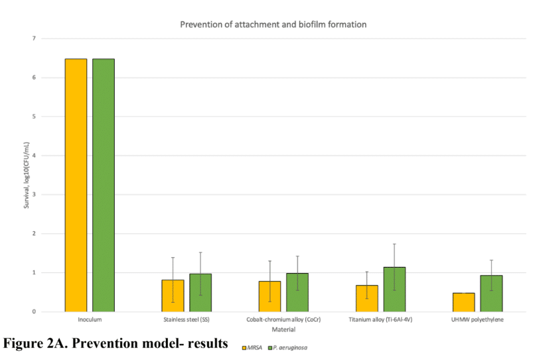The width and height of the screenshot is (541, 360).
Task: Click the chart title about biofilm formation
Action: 273,25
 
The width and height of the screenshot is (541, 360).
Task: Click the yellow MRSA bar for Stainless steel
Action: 173,296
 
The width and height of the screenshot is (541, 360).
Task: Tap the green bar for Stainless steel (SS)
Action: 200,293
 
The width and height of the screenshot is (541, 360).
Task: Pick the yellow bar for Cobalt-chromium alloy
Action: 270,296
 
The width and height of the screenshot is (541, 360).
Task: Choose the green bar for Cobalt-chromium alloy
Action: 297,292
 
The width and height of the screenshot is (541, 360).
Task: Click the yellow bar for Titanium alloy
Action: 366,298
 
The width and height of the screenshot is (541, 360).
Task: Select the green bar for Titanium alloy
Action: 394,290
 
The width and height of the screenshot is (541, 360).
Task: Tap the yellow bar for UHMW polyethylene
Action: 463,302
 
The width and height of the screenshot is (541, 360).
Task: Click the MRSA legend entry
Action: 253,347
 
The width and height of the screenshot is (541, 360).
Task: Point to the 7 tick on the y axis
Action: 33,39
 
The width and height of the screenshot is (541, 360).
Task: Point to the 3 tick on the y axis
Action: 33,195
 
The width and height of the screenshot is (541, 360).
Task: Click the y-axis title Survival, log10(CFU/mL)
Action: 27,175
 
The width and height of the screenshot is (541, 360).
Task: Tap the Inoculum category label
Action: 90,320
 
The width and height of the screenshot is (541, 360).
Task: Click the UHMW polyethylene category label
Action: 477,320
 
